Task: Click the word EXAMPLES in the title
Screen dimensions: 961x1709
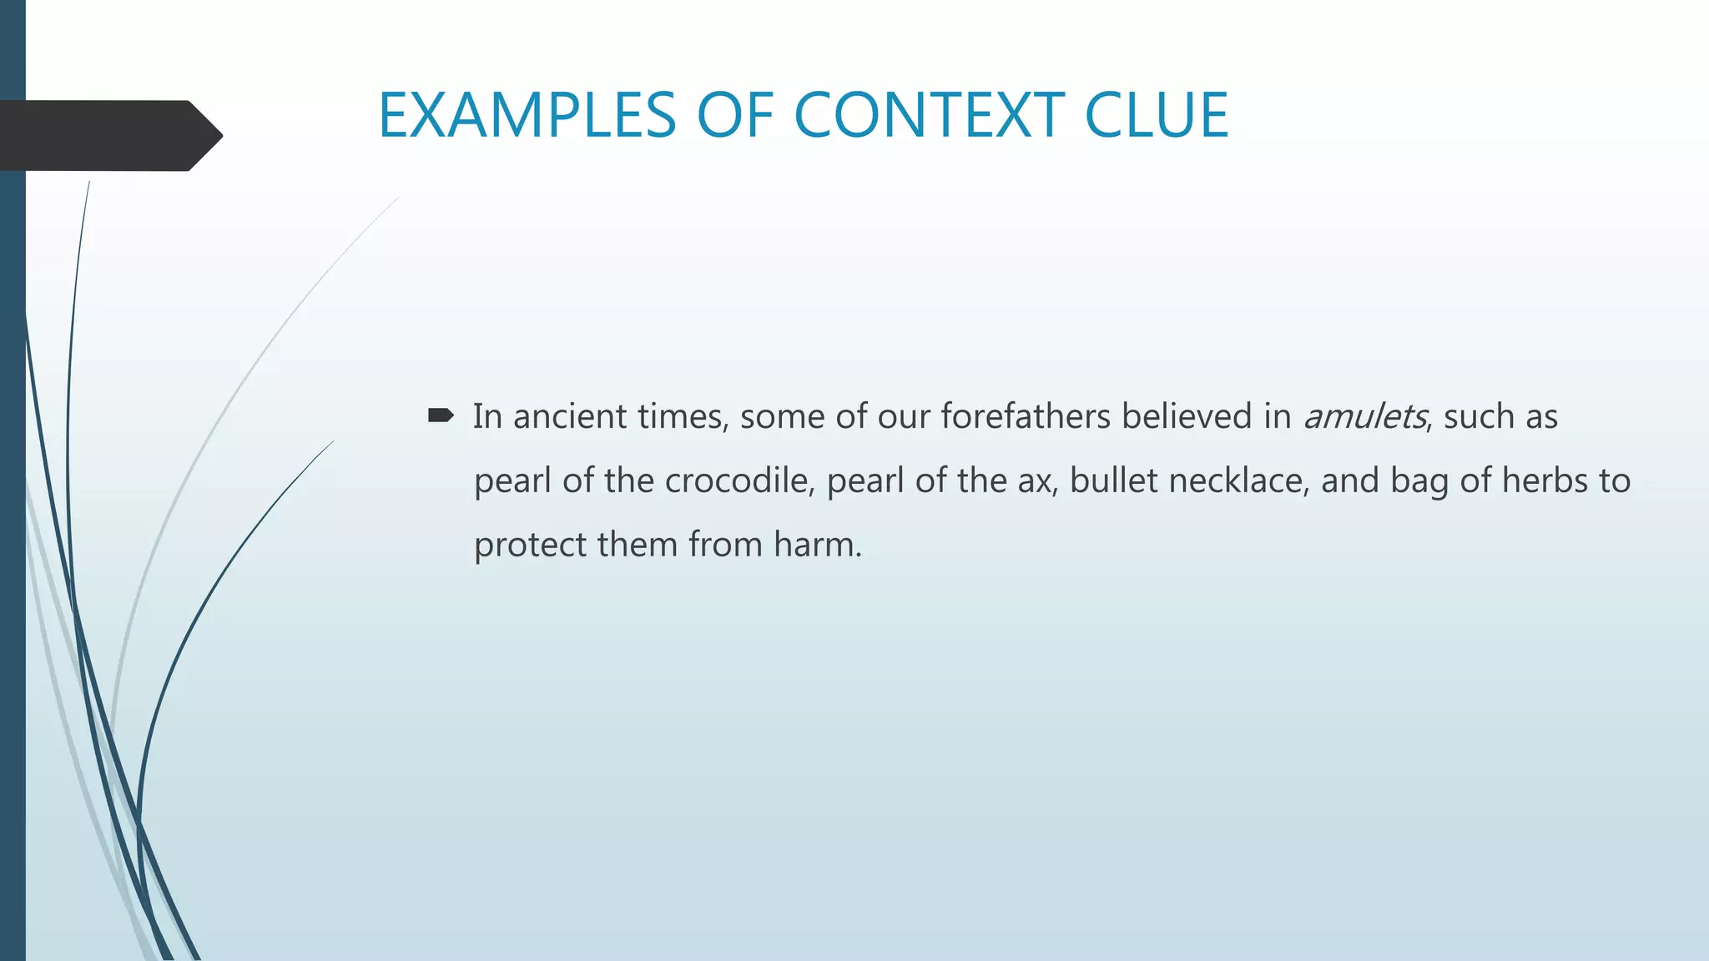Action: click(x=527, y=115)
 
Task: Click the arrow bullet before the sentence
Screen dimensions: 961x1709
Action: click(x=440, y=415)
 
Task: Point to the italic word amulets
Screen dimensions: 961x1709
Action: click(x=1364, y=416)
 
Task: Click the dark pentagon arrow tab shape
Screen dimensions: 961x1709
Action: click(x=108, y=136)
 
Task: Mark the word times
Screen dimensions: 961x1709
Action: click(x=683, y=416)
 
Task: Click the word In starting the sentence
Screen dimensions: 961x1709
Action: click(x=487, y=416)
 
